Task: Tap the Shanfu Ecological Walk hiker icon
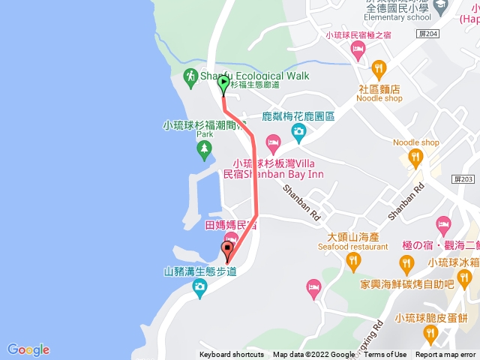190,76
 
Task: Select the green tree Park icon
203,150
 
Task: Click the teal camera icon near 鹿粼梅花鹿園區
298,133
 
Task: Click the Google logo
28,349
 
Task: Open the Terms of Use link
385,355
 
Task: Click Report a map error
445,355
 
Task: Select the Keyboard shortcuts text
232,355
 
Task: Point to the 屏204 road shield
427,35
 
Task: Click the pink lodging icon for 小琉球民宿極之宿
358,49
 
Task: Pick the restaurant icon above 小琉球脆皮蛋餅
430,331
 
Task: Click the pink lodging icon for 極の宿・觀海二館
443,223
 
